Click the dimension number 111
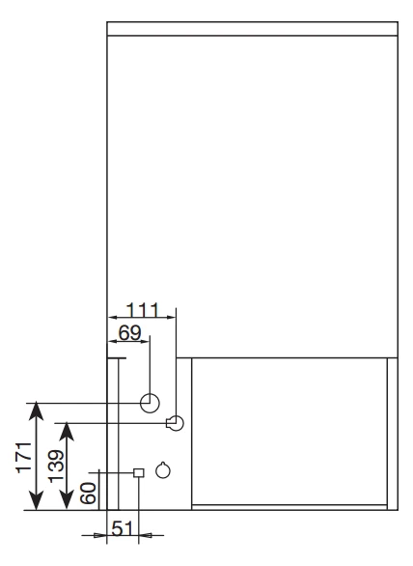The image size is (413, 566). [x=142, y=310]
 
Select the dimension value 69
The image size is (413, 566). [x=130, y=332]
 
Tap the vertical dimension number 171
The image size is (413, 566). [x=24, y=457]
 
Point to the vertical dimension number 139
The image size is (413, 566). [x=56, y=466]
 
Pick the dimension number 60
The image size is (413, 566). [x=89, y=494]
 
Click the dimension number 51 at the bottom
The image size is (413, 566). [x=123, y=529]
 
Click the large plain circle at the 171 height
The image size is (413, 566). [x=150, y=403]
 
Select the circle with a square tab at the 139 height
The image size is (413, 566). [x=175, y=423]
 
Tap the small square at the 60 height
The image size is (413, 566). [x=139, y=472]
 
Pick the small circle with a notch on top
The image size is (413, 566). [x=163, y=470]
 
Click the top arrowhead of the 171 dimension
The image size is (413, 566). [x=36, y=410]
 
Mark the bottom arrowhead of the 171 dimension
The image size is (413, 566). [x=36, y=501]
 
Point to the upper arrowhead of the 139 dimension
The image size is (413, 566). [x=67, y=432]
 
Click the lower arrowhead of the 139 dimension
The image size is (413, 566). [x=67, y=501]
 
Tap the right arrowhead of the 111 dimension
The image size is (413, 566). [x=171, y=318]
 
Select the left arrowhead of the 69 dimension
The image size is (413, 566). [x=113, y=341]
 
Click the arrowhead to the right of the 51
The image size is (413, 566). [x=144, y=536]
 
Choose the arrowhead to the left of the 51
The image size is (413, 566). [x=100, y=536]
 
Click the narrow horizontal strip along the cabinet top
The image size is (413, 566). [x=253, y=29]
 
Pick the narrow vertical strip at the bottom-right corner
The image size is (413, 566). [x=393, y=434]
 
